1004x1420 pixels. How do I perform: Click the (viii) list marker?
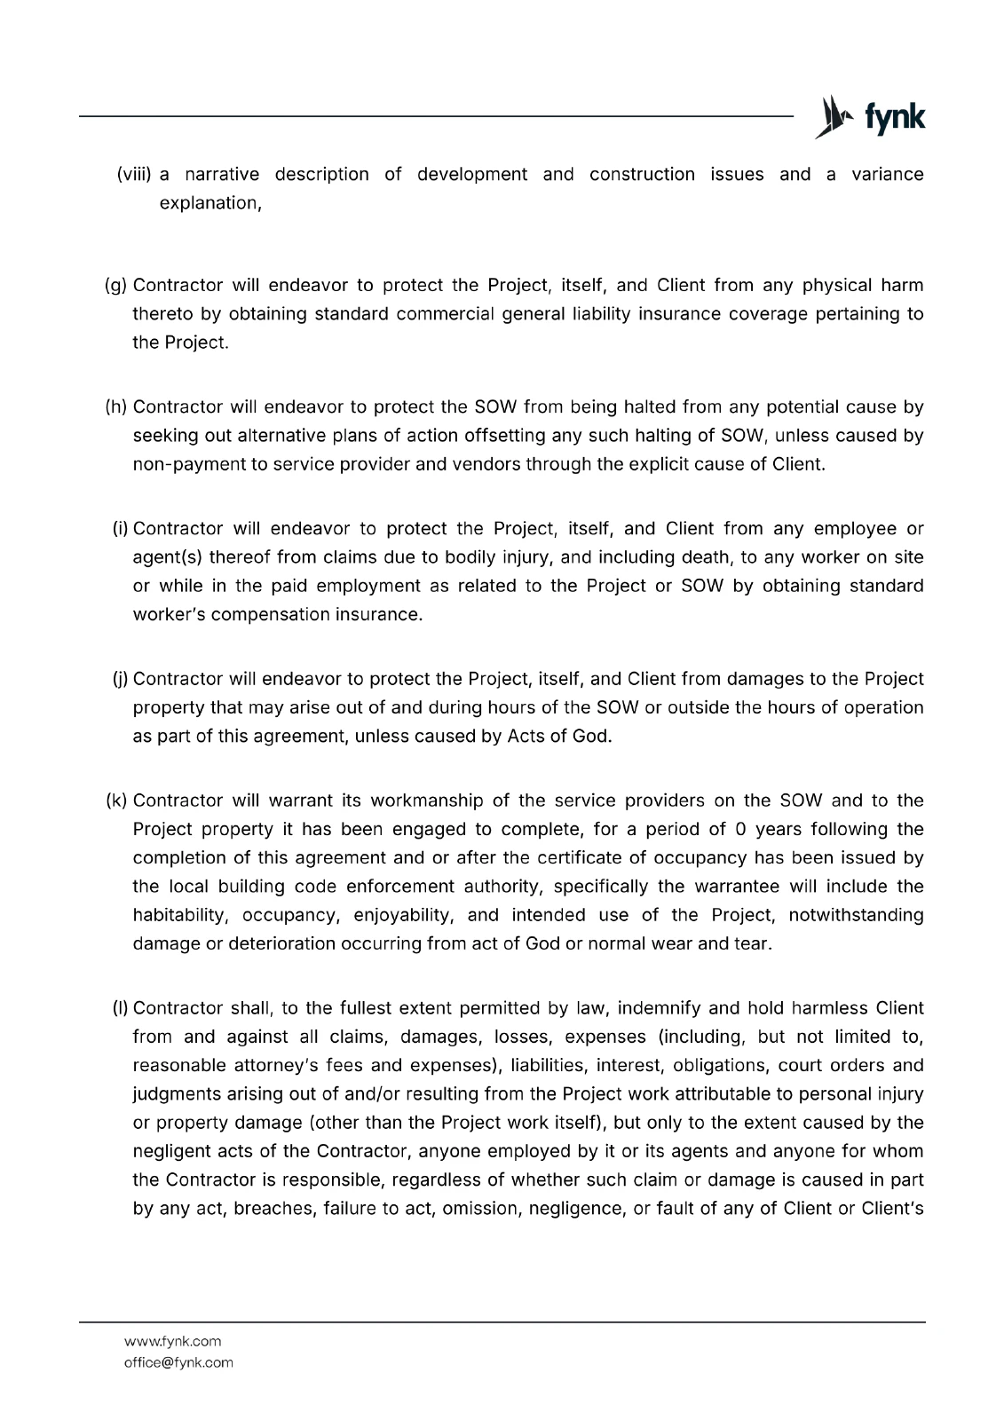(x=135, y=175)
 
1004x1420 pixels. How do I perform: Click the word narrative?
(x=221, y=175)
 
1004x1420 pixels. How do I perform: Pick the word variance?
(x=887, y=175)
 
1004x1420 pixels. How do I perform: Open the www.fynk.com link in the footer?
(x=172, y=1341)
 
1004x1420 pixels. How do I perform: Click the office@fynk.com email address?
(x=178, y=1362)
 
